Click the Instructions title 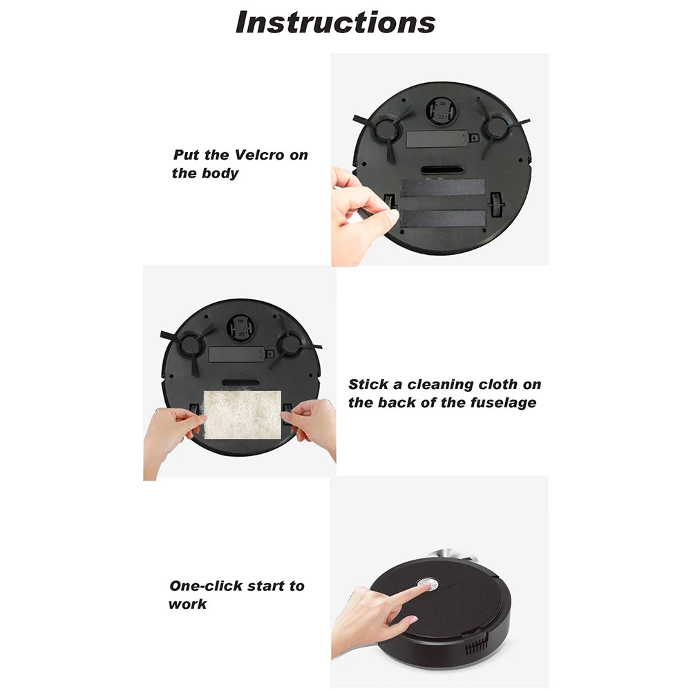click(335, 22)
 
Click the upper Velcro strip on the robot click(442, 187)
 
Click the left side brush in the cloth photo click(187, 343)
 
